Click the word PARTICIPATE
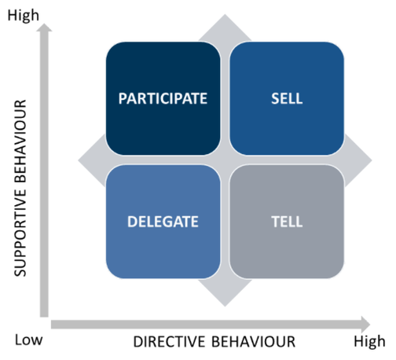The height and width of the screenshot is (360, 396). pyautogui.click(x=163, y=98)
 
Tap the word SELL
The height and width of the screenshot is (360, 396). pyautogui.click(x=287, y=98)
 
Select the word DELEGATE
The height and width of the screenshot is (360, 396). pyautogui.click(x=163, y=222)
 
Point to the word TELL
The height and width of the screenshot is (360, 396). pyautogui.click(x=287, y=222)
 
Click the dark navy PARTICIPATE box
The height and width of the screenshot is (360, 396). pyautogui.click(x=163, y=98)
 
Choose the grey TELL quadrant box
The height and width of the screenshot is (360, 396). pyautogui.click(x=287, y=222)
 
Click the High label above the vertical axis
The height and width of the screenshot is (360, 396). pyautogui.click(x=24, y=16)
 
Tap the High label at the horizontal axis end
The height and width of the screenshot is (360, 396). pyautogui.click(x=369, y=342)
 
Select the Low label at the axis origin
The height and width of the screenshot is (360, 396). pyautogui.click(x=28, y=340)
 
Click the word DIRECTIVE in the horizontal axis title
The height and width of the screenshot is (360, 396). pyautogui.click(x=169, y=342)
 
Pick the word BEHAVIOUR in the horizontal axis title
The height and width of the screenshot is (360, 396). pyautogui.click(x=253, y=342)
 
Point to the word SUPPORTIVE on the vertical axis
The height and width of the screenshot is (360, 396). pyautogui.click(x=20, y=233)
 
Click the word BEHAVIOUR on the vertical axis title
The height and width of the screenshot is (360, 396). pyautogui.click(x=20, y=141)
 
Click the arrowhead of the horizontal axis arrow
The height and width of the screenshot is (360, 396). pyautogui.click(x=365, y=325)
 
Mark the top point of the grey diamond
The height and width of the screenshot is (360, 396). pyautogui.click(x=225, y=14)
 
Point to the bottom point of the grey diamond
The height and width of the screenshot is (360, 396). pyautogui.click(x=225, y=307)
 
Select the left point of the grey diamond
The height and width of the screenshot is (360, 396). pyautogui.click(x=78, y=160)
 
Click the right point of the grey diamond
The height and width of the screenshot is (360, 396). pyautogui.click(x=372, y=160)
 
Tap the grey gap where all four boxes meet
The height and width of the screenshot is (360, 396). pyautogui.click(x=225, y=160)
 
